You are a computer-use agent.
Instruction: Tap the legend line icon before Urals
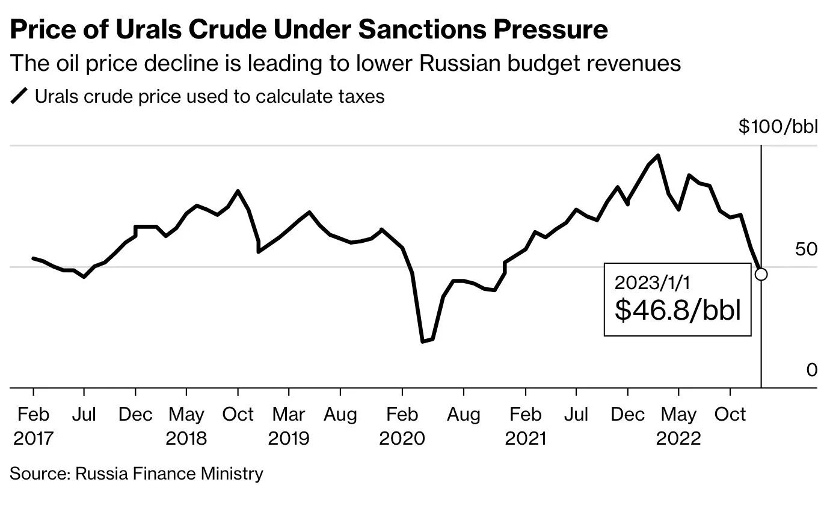[x=20, y=96]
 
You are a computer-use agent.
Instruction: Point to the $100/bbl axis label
[x=778, y=127]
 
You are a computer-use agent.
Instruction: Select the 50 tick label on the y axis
[x=806, y=249]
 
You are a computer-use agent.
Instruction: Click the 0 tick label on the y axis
[x=811, y=370]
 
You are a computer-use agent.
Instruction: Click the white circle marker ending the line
[x=761, y=274]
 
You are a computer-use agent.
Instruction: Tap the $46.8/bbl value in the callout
[x=677, y=310]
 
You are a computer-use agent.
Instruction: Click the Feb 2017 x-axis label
[x=33, y=425]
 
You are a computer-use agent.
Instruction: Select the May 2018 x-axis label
[x=186, y=425]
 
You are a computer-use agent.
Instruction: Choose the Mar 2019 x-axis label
[x=289, y=425]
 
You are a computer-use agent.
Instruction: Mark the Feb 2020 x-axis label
[x=402, y=425]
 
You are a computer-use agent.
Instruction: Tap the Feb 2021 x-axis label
[x=526, y=425]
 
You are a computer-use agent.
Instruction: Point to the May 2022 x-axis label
[x=678, y=425]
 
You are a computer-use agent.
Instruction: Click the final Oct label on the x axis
[x=730, y=415]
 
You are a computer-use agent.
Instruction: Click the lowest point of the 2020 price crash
[x=423, y=341]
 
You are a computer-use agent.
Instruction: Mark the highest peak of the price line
[x=659, y=156]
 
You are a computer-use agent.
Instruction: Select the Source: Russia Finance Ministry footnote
[x=137, y=474]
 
